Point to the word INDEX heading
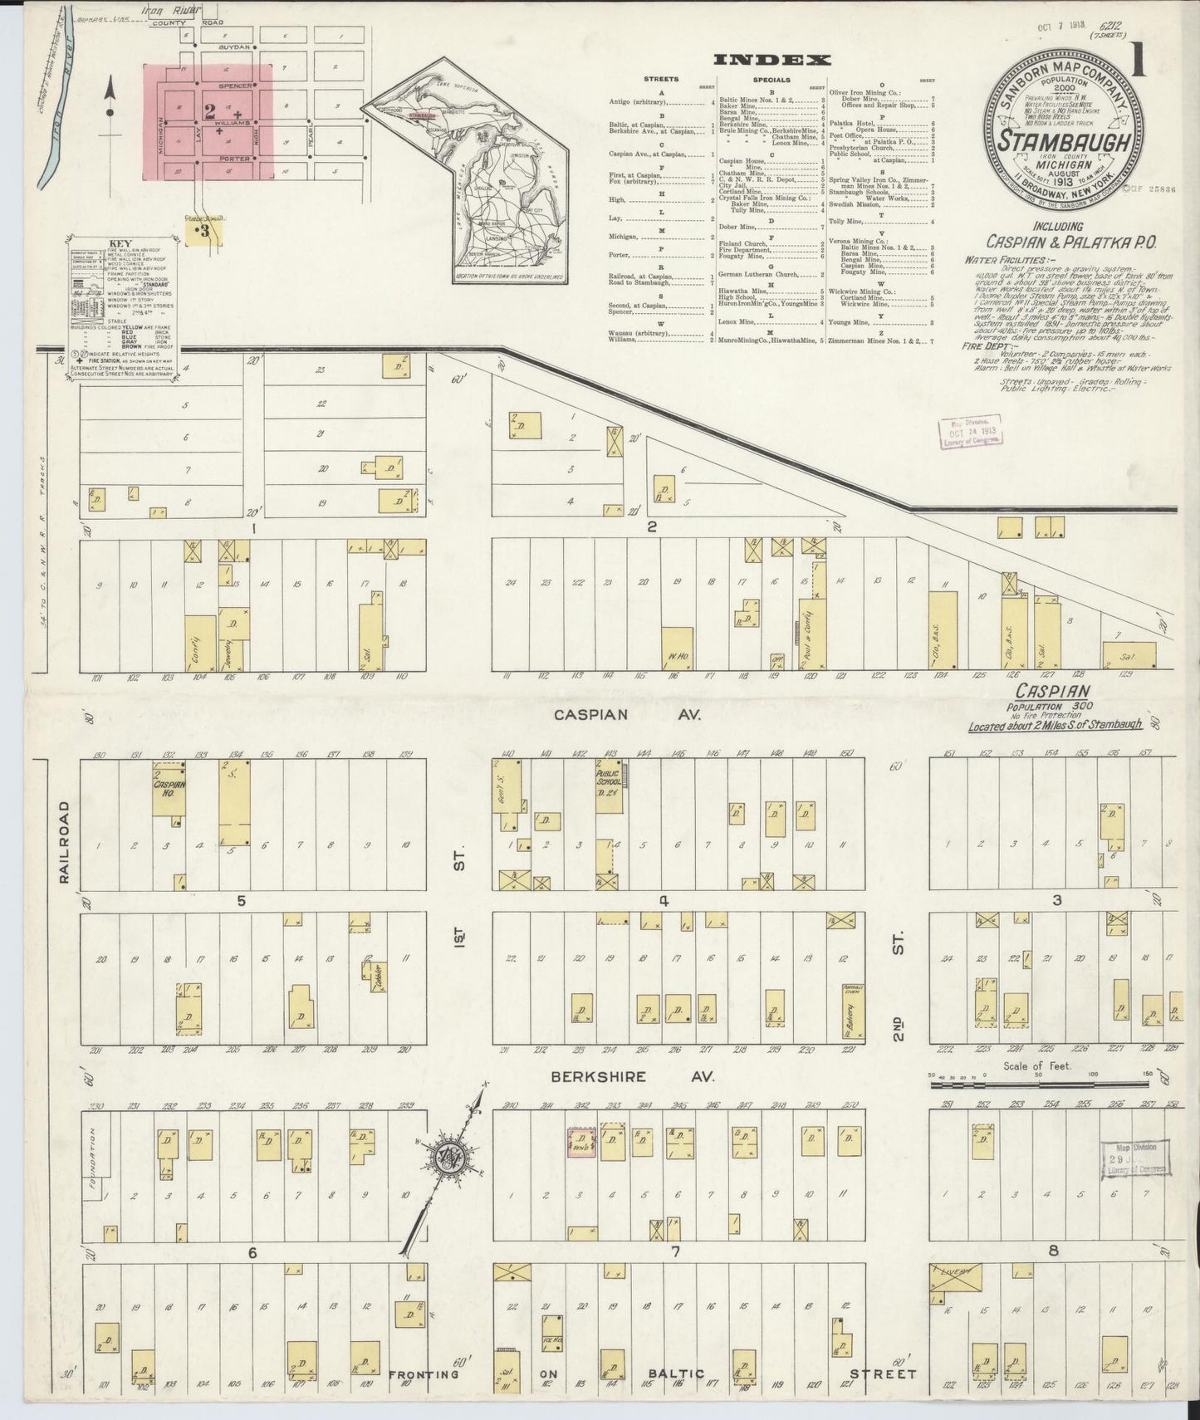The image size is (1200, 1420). click(x=773, y=60)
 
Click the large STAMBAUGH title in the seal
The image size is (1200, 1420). click(x=1064, y=142)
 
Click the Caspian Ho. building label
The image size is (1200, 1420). click(x=169, y=788)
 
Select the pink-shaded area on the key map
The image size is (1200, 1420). click(x=209, y=122)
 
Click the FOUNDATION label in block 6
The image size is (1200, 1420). click(x=94, y=1156)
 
